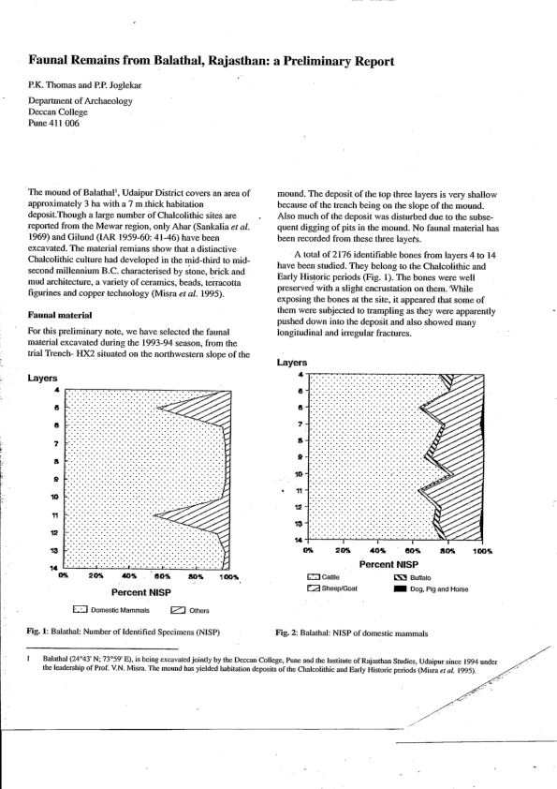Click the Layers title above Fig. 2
pos(292,362)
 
